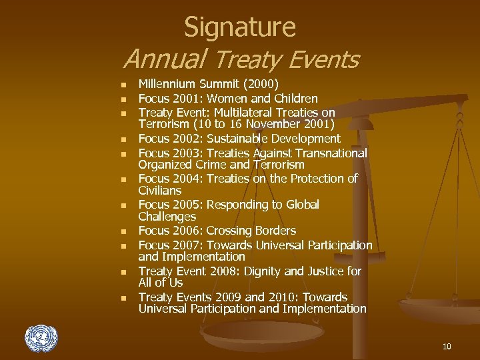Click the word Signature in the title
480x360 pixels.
[x=239, y=27]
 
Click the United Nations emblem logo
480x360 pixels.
[x=41, y=338]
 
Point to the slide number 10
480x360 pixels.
[x=446, y=346]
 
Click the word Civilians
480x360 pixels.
[x=160, y=191]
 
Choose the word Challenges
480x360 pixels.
[x=167, y=217]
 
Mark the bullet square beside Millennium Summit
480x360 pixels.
[x=123, y=85]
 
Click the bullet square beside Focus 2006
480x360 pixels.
[x=123, y=232]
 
